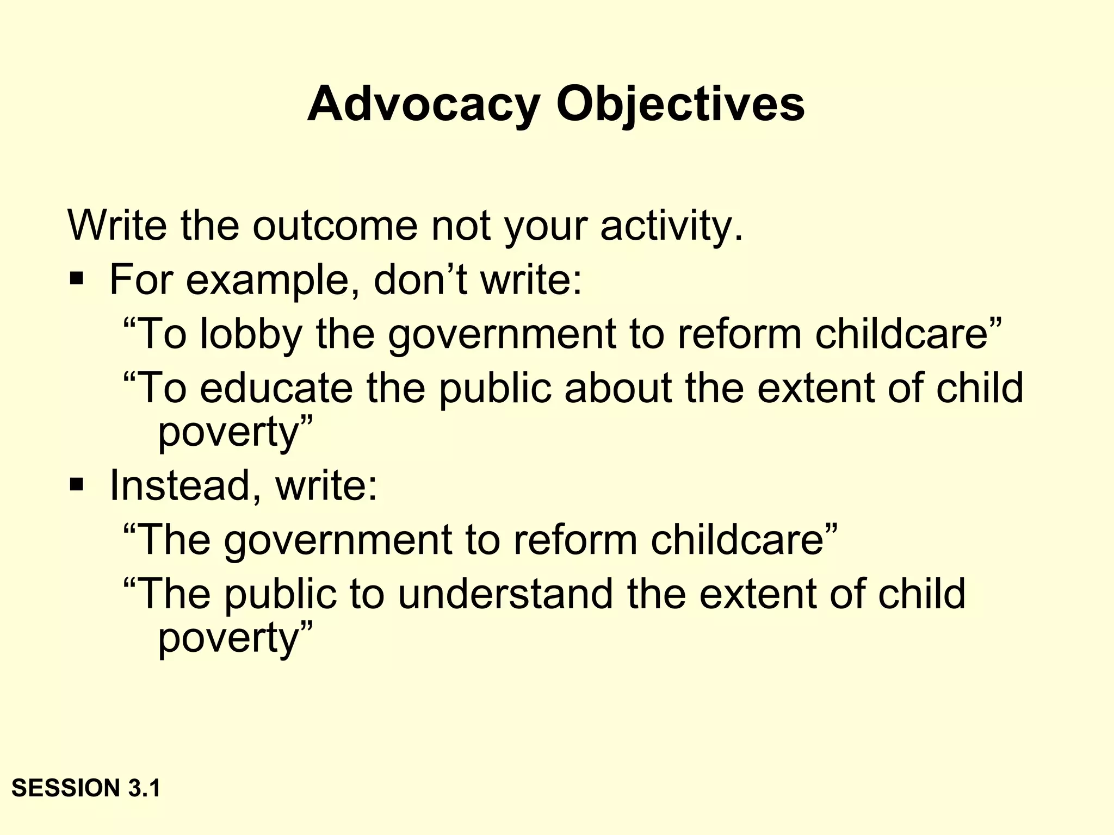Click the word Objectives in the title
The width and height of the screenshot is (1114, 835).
(x=680, y=104)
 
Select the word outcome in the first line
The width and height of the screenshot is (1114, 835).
(x=334, y=226)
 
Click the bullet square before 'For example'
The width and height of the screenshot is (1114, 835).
(x=77, y=280)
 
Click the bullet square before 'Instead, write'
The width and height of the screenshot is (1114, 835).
(x=77, y=484)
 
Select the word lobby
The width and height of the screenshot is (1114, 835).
(x=251, y=334)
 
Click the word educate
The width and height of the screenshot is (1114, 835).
(x=276, y=388)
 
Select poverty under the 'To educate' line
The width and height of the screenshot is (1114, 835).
(x=228, y=432)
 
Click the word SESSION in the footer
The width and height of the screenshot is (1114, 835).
(x=66, y=788)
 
